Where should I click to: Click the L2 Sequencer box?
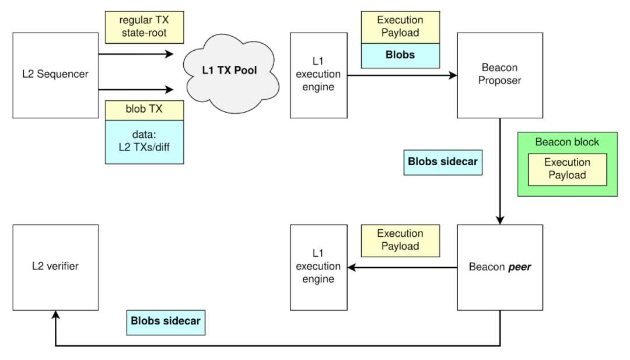pos(55,75)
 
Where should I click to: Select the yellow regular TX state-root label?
pos(144,27)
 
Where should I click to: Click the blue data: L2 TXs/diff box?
pos(145,142)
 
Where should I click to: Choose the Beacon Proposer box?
pos(500,75)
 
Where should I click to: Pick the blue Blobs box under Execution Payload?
pos(400,55)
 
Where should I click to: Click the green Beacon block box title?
pos(567,142)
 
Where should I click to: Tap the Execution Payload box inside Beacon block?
pos(567,169)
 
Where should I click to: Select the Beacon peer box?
pos(500,267)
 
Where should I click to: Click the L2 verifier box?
pos(55,267)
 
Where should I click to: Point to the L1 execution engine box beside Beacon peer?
pos(318,267)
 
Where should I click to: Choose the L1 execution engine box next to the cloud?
pos(318,75)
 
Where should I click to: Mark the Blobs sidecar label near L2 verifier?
pos(166,321)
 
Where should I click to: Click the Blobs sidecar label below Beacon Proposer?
pos(443,162)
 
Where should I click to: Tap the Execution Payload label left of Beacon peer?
pos(400,240)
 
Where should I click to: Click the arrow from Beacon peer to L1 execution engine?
pos(402,268)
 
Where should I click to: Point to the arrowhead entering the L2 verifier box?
pos(55,314)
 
